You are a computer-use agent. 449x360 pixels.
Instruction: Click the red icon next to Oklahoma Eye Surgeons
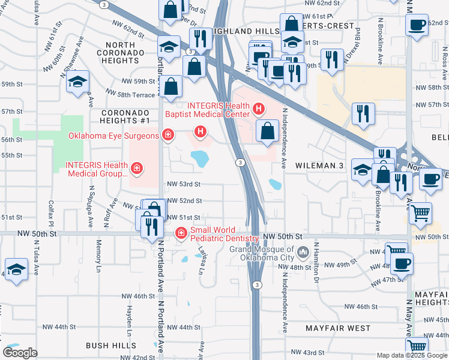[169, 135]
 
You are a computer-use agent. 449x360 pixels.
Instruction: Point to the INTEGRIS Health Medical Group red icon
[137, 169]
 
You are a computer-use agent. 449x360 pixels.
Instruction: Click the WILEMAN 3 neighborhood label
[318, 164]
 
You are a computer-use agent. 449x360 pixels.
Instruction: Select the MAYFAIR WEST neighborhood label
[338, 328]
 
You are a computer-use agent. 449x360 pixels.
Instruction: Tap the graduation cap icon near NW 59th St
[77, 83]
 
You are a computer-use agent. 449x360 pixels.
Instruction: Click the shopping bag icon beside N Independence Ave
[267, 130]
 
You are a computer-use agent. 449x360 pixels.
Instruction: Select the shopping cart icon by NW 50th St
[420, 212]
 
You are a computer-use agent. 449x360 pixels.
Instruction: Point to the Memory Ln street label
[98, 254]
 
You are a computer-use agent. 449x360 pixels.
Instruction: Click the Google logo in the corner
[20, 353]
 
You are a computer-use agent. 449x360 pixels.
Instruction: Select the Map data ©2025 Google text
[412, 355]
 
